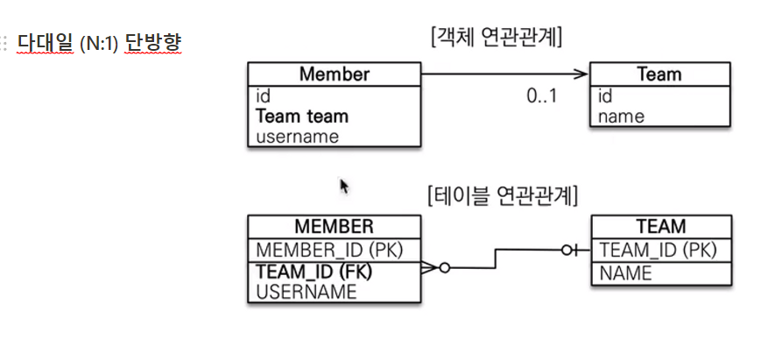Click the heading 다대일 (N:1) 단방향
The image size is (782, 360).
(98, 42)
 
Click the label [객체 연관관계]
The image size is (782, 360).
(497, 38)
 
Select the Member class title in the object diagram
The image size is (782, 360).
(334, 74)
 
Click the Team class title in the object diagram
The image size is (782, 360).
(659, 74)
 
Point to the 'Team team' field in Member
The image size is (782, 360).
(301, 116)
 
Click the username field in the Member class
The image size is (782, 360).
(297, 136)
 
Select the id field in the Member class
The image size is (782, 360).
(263, 96)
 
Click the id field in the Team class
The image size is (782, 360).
(605, 96)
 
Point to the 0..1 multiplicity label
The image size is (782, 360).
(541, 96)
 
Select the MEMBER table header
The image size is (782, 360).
(334, 227)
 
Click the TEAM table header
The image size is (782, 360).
(661, 227)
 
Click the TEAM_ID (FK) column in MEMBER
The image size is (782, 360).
(314, 272)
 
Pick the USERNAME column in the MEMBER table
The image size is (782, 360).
(306, 292)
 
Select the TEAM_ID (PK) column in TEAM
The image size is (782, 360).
(658, 251)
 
